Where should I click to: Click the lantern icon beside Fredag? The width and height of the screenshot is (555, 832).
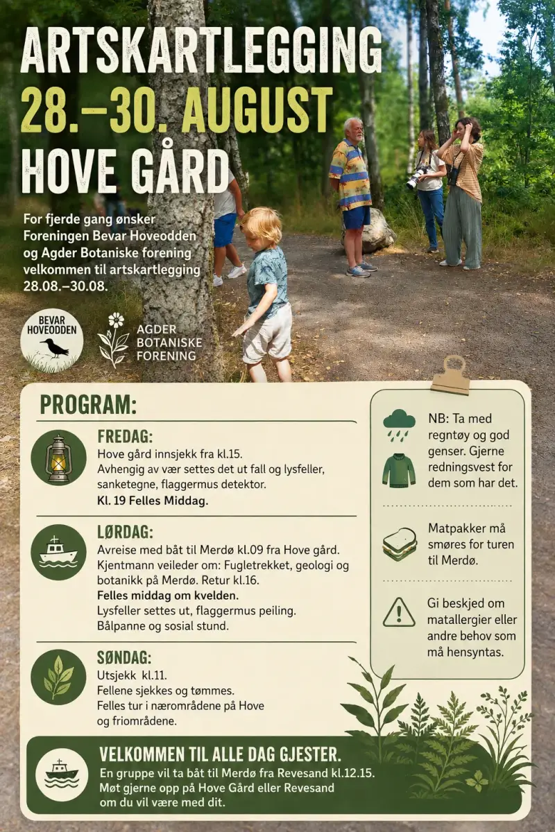point(59,458)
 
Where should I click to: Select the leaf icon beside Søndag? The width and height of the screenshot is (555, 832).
point(59,677)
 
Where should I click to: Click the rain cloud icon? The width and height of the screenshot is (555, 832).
point(399,424)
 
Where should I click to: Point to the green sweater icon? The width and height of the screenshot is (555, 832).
point(399,469)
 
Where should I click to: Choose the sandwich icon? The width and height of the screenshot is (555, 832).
point(399,544)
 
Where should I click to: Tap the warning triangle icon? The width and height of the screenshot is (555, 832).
point(399,612)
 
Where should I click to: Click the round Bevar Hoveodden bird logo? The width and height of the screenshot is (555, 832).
point(51,341)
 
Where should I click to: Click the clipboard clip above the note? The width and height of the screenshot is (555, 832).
point(450,374)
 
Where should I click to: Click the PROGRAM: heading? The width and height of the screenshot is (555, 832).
point(89,405)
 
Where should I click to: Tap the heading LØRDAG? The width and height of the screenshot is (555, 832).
point(126,532)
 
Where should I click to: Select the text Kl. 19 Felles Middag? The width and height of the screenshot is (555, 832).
point(153,501)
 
